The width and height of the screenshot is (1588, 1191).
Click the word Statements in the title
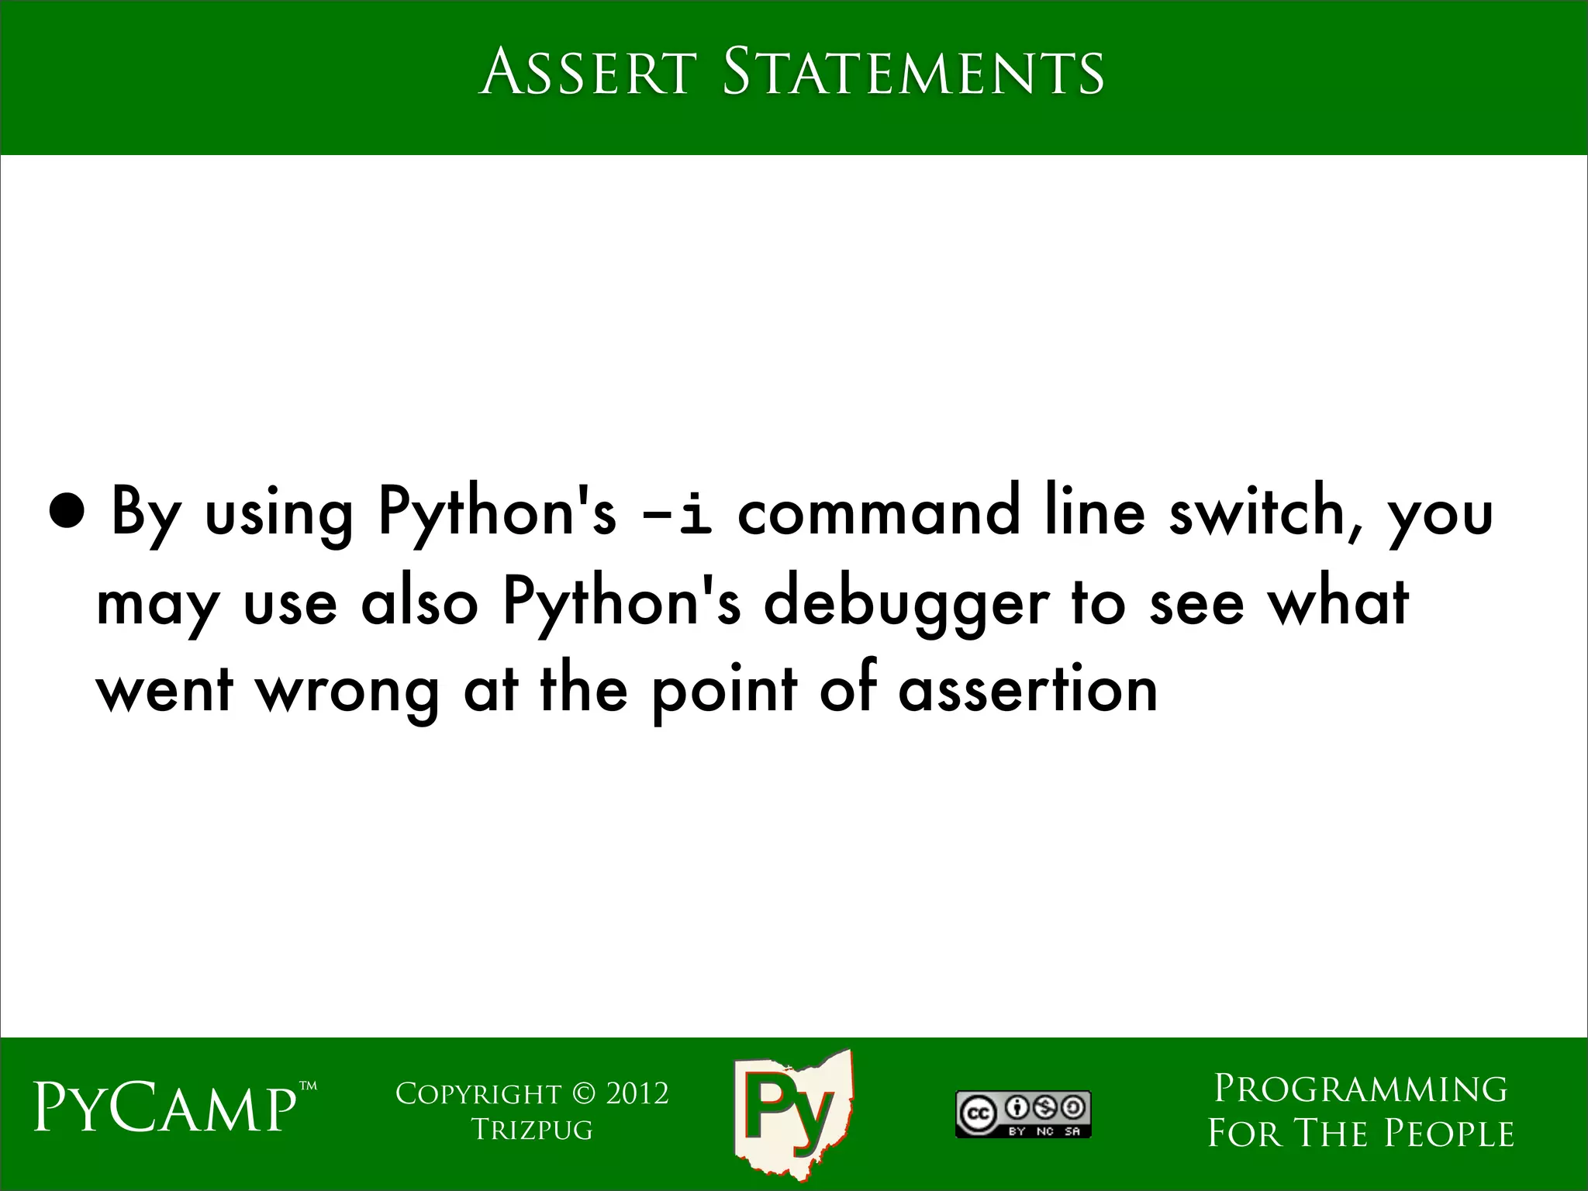coord(913,73)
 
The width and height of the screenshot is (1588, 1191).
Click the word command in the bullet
coord(878,513)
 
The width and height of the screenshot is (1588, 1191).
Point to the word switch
coord(1265,513)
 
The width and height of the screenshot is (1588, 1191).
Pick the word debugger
coord(905,603)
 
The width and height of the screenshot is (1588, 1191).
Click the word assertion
coord(1027,689)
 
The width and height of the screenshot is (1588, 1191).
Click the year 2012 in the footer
coord(637,1094)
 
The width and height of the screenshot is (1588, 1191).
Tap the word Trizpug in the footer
coord(532,1130)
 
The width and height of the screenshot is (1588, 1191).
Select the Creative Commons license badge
coord(1023,1114)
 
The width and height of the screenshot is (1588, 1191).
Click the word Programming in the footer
coord(1360,1089)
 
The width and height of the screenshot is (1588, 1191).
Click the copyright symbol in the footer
coord(583,1094)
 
